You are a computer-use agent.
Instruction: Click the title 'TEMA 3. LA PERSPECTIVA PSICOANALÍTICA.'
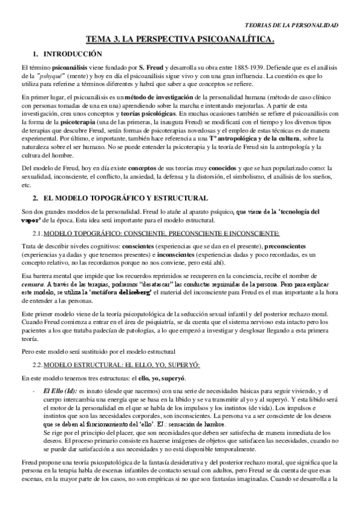[180, 40]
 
